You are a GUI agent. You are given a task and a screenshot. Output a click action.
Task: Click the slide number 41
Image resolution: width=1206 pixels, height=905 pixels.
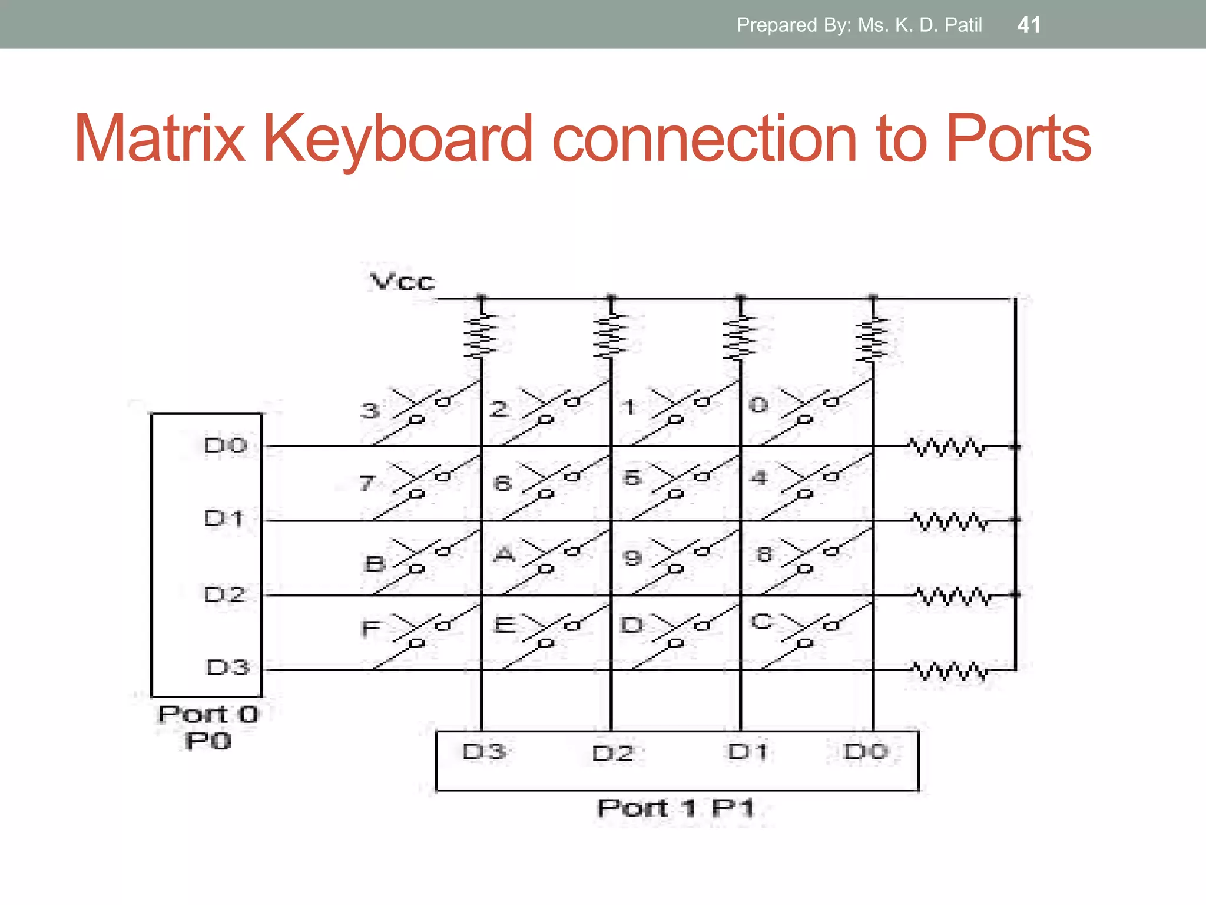pos(1029,25)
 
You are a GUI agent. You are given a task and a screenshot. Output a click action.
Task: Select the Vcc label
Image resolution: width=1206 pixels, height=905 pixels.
pos(402,282)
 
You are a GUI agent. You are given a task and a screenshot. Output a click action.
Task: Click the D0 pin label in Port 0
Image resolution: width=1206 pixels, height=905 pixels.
pos(225,445)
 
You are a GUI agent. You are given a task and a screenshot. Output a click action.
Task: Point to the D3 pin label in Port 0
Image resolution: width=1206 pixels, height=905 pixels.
pos(228,668)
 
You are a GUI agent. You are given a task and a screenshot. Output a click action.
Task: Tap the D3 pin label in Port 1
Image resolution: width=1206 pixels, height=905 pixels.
pos(484,752)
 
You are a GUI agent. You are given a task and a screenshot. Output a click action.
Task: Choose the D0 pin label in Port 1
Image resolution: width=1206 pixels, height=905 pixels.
pos(865,752)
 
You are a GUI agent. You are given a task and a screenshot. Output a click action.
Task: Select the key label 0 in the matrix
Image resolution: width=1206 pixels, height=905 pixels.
pos(758,405)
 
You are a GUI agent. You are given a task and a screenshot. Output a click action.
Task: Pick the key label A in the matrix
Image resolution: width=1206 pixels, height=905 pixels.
pos(504,554)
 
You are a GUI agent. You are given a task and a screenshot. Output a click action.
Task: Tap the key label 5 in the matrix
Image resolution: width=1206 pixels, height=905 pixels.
pos(632,478)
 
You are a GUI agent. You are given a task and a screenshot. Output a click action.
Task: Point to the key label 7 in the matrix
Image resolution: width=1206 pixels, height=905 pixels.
pos(367,484)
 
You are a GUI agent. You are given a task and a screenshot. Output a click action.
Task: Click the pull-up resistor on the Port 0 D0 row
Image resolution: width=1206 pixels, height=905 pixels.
pos(946,448)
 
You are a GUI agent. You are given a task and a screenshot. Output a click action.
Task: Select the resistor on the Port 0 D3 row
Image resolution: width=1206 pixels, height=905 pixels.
pos(949,671)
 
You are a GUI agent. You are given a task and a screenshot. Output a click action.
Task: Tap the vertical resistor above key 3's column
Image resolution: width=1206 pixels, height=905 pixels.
pos(481,336)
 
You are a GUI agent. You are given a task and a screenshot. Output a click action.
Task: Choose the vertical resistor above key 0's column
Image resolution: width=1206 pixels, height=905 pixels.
pos(872,339)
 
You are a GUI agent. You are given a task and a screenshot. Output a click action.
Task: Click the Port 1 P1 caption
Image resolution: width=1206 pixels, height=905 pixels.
pos(675,808)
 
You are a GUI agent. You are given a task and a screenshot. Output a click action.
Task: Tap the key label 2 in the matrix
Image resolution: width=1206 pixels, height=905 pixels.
pos(499,409)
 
